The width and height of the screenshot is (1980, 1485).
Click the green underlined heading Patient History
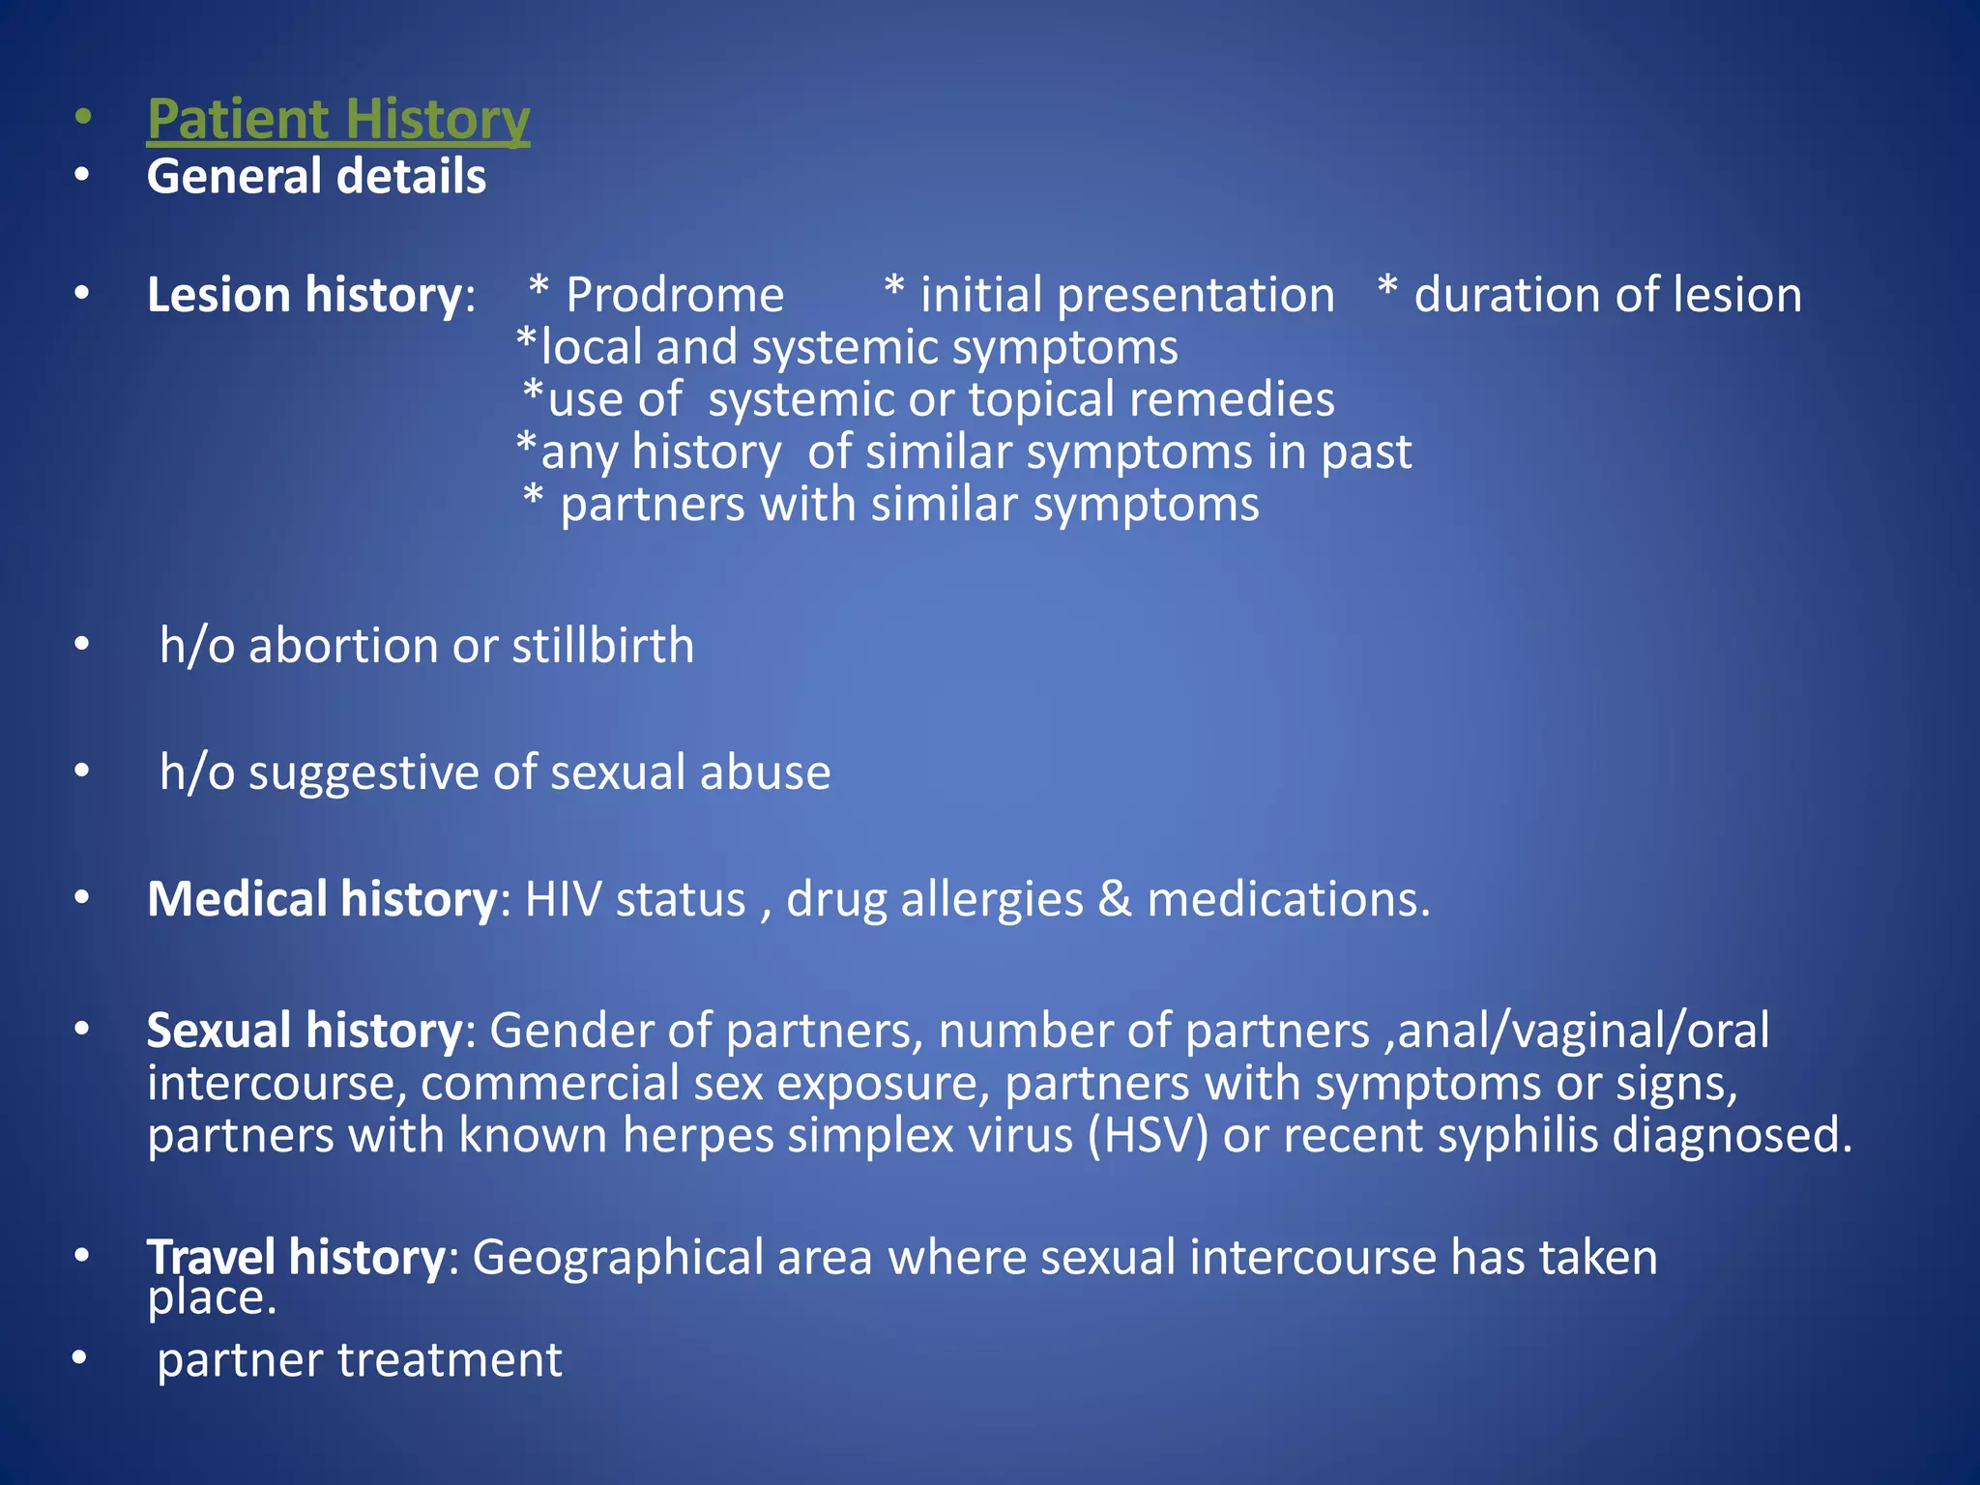[337, 120]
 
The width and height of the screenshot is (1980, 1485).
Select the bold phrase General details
[316, 177]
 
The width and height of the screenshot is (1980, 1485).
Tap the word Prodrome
[674, 295]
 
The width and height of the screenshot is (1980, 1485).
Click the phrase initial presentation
[1126, 295]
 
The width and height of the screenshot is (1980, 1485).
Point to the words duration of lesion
[1607, 295]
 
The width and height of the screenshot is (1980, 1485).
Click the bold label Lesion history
[305, 295]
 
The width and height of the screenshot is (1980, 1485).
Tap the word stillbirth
[602, 646]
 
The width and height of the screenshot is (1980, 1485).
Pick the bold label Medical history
[322, 899]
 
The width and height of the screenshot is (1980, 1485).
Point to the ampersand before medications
[1115, 899]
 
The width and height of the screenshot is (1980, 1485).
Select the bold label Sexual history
[305, 1031]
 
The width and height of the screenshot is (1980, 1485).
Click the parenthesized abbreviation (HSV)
[1148, 1135]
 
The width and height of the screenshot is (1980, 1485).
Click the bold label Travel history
[295, 1258]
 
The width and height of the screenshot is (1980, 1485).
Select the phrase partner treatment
[360, 1360]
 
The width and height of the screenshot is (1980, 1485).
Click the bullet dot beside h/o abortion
[82, 643]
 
